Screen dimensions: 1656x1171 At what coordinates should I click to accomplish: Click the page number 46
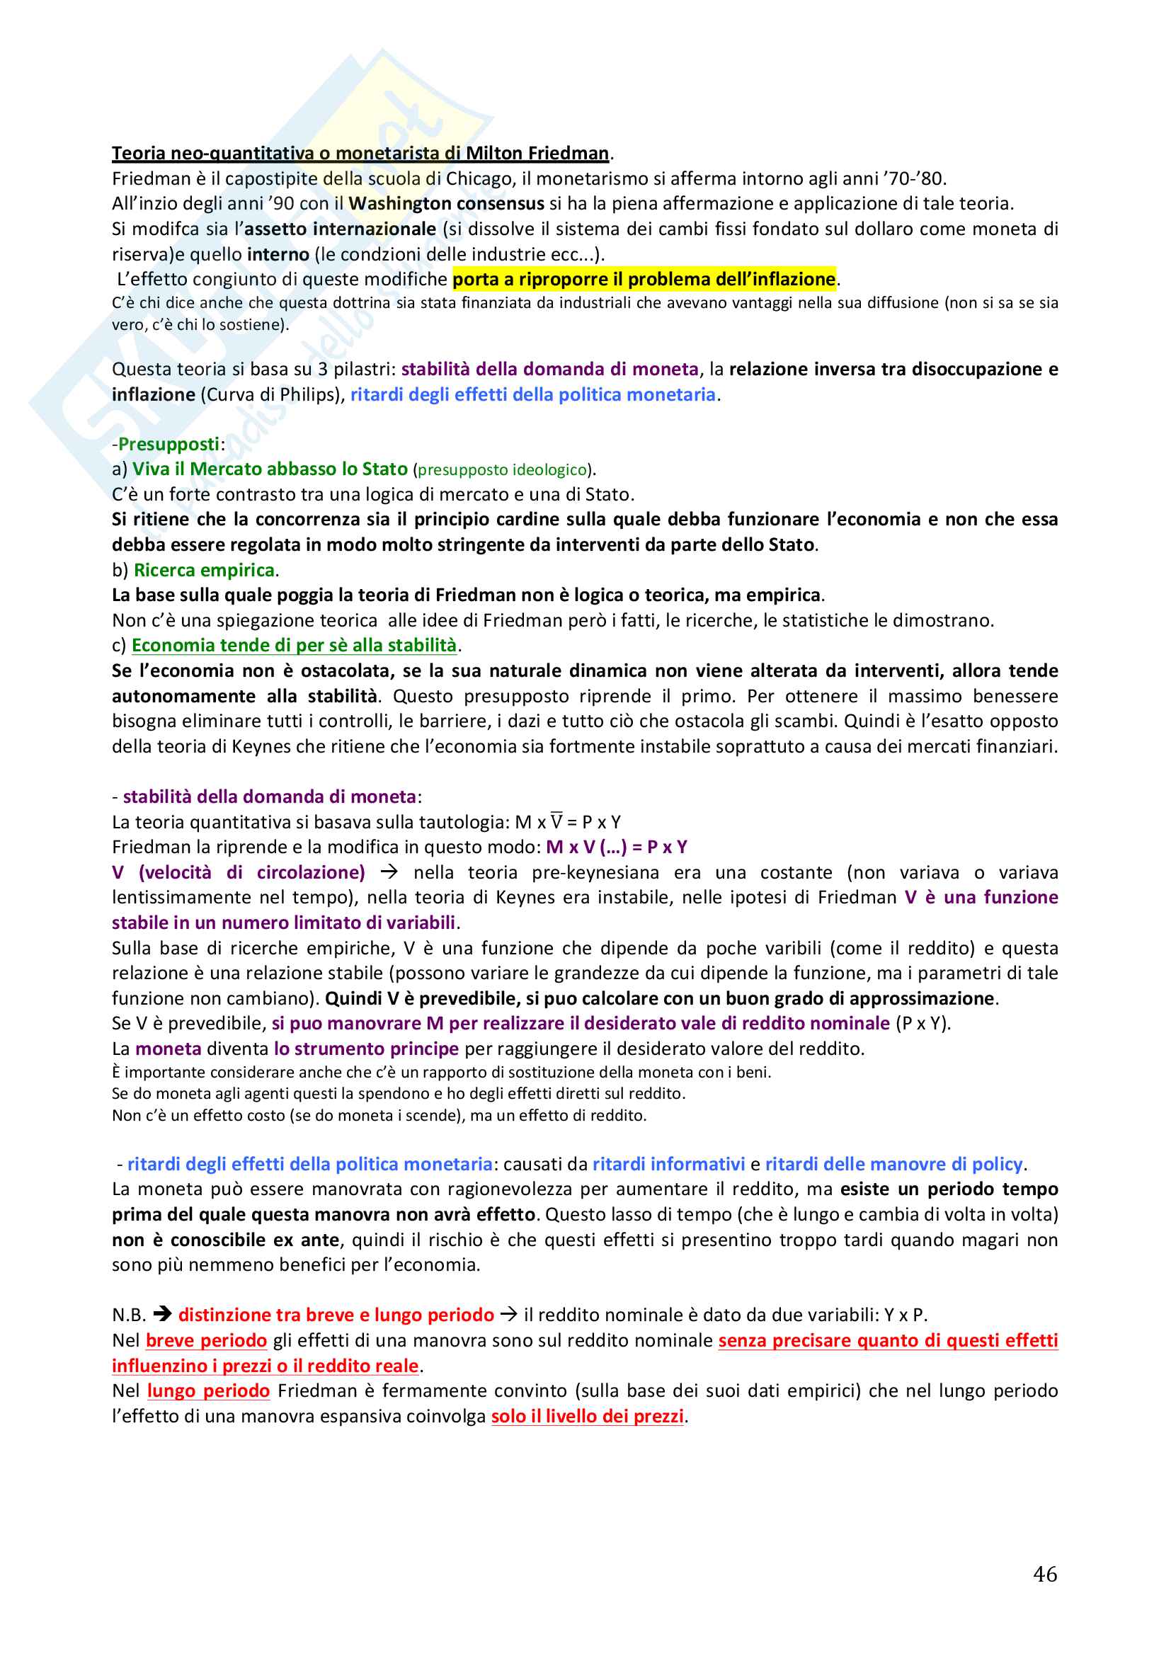1045,1573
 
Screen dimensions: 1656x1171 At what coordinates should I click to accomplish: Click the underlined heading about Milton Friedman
360,153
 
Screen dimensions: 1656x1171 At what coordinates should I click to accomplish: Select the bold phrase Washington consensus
446,203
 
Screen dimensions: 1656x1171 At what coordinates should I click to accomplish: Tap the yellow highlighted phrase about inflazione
644,279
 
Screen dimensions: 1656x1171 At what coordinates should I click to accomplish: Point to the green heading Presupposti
168,445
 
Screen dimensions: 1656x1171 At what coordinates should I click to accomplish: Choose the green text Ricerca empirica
204,571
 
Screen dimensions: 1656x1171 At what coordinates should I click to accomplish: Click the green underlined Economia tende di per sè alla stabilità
295,646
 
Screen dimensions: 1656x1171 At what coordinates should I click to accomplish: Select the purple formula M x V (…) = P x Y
617,847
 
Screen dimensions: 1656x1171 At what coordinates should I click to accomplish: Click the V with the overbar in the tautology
556,821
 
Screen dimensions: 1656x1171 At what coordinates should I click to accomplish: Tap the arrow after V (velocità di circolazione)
389,872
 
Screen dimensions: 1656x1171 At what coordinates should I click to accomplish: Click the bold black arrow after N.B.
162,1315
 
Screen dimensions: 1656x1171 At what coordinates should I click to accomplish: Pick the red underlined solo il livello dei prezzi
587,1416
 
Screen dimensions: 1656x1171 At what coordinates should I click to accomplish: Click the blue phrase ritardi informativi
668,1164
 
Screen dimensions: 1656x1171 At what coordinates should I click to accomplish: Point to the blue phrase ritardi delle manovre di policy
893,1164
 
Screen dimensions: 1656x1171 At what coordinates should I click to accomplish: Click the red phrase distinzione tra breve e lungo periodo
336,1315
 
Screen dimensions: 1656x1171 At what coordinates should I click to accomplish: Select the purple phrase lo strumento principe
366,1049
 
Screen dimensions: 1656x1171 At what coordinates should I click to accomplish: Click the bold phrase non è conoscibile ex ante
226,1240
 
